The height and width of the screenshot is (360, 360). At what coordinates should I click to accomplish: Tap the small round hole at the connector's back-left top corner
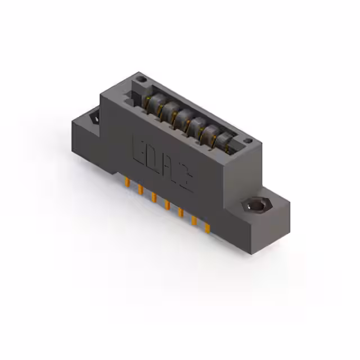(x=141, y=81)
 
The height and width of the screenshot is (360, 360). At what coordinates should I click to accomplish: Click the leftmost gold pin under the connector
(x=127, y=183)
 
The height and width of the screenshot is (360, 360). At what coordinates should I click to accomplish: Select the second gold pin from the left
(x=140, y=190)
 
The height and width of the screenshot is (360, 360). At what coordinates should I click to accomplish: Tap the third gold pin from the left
(x=154, y=197)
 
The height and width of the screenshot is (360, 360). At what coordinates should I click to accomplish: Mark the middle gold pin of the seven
(x=167, y=205)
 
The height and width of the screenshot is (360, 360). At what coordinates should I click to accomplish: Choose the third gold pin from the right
(x=181, y=213)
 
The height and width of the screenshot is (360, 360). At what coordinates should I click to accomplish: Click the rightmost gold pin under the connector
(x=207, y=228)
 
